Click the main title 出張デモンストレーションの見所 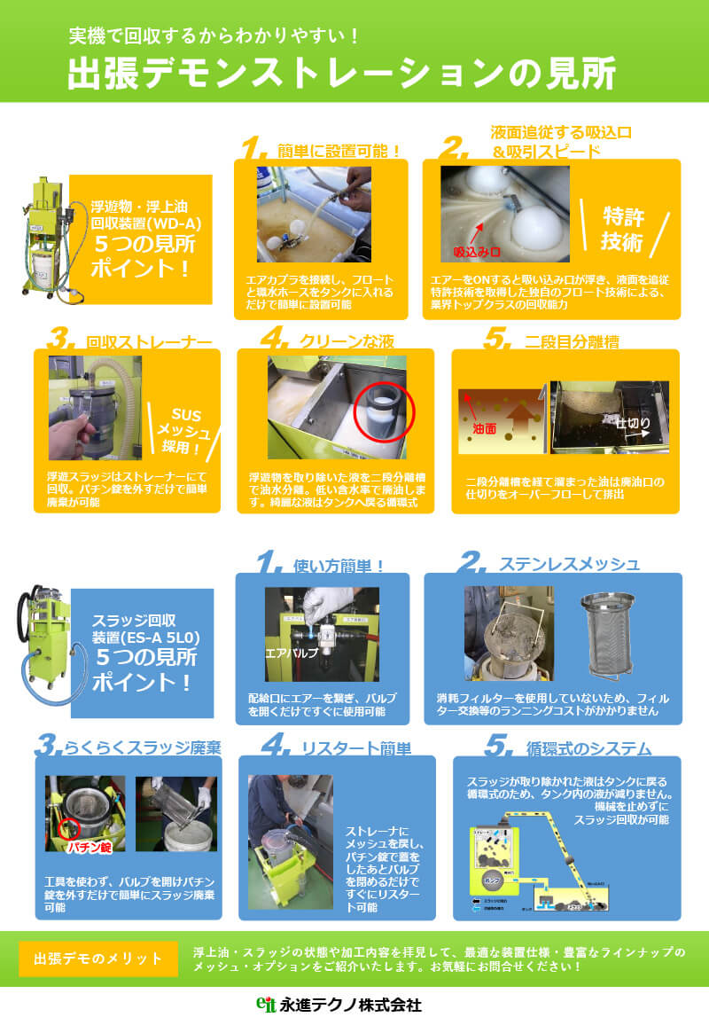(x=341, y=74)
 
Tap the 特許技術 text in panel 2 (x=622, y=229)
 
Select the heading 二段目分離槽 (x=573, y=341)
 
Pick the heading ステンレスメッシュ (x=568, y=564)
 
